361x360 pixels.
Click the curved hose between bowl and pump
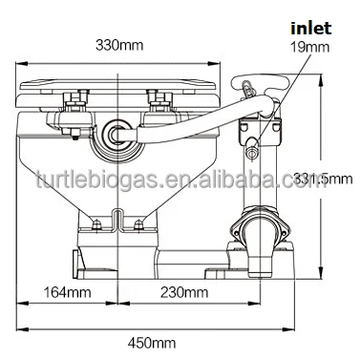click(x=191, y=120)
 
